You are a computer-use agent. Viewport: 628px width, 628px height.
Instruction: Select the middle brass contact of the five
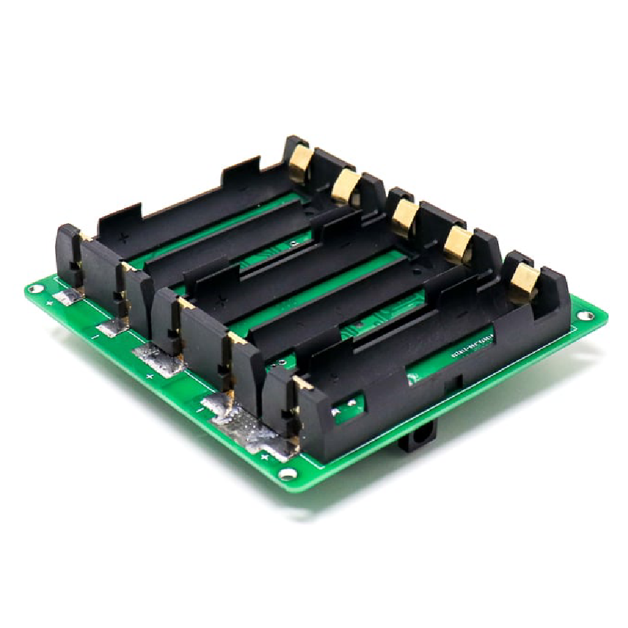(x=403, y=216)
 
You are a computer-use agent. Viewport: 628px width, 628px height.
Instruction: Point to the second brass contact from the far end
(x=345, y=187)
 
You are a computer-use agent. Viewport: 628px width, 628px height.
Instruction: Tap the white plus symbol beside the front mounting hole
(x=264, y=457)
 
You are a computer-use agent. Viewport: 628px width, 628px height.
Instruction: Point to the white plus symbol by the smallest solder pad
(x=51, y=304)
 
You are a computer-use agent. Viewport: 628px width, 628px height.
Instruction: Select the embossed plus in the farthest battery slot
(x=124, y=238)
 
